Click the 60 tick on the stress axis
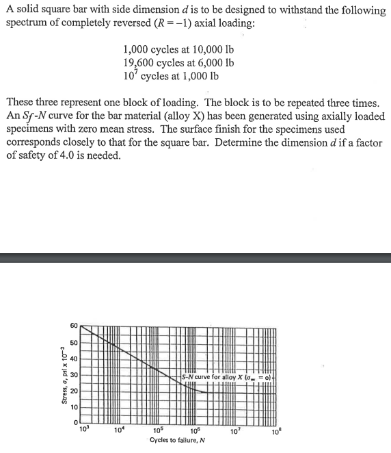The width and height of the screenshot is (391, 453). pos(75,326)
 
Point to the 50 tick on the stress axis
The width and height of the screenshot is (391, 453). pos(75,341)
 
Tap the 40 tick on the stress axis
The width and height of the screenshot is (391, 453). pos(75,358)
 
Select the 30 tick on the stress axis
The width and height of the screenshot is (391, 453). pos(75,374)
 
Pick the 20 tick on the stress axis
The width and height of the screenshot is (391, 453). pos(75,391)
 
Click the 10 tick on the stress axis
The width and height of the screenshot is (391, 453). pos(75,406)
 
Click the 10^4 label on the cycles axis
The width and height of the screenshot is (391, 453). pos(120,430)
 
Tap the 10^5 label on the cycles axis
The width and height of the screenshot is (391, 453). pos(159,430)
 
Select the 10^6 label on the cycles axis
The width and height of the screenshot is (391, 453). pos(197,430)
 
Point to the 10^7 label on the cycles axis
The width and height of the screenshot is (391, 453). pos(236,430)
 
